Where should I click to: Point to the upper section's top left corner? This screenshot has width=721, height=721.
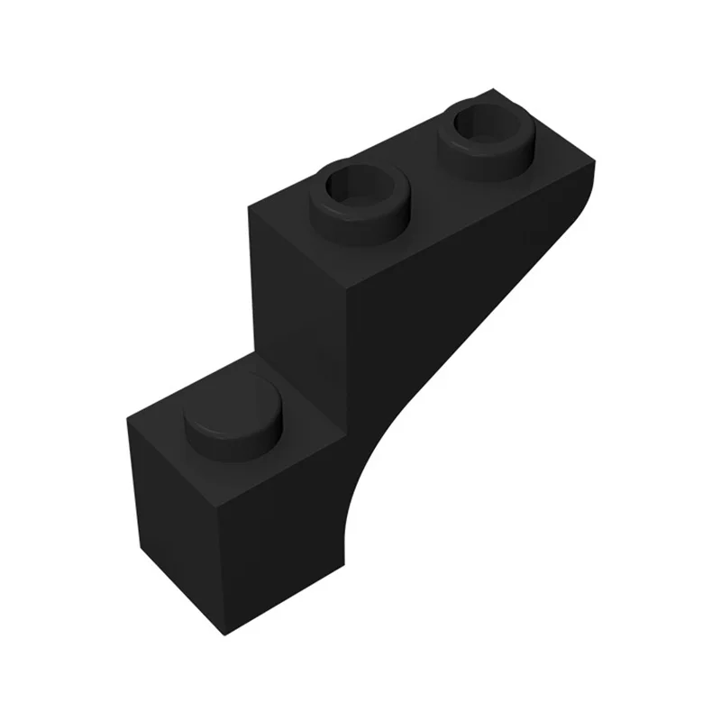coord(250,206)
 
